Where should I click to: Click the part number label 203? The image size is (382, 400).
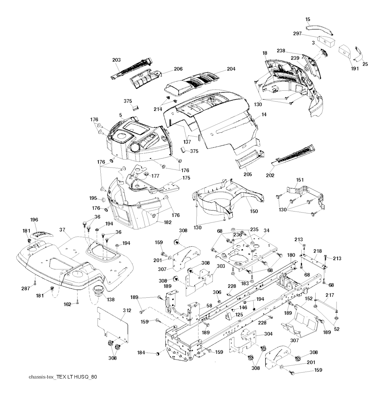(116, 60)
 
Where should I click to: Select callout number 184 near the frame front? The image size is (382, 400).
(141, 352)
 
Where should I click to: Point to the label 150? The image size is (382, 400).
(254, 212)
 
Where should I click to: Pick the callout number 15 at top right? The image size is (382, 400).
(307, 19)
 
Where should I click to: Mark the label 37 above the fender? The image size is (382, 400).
(62, 230)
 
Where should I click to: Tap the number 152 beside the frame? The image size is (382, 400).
(309, 299)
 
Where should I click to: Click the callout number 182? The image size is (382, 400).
(167, 222)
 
